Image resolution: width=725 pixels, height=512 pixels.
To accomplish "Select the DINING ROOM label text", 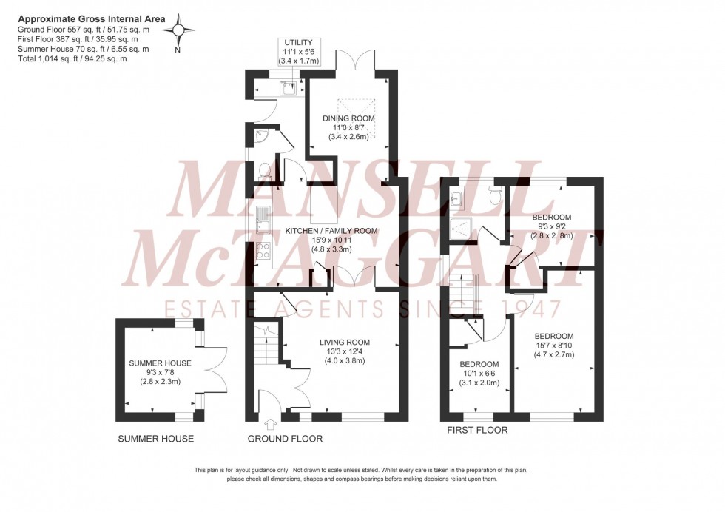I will [348, 118].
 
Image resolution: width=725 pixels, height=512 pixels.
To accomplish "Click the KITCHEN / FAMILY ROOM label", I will [331, 231].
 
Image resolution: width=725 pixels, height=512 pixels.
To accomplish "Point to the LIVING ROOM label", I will [344, 342].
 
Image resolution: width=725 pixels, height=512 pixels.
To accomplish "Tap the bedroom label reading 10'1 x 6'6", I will [479, 364].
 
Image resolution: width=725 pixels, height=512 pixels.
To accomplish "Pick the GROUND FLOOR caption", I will [285, 439].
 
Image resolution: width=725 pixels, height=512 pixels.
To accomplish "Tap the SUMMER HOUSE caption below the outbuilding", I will [156, 439].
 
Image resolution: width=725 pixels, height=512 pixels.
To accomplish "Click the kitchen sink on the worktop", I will [264, 218].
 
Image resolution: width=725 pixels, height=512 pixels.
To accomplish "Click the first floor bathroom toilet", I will [496, 194].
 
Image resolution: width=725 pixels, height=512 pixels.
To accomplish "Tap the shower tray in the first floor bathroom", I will [460, 229].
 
